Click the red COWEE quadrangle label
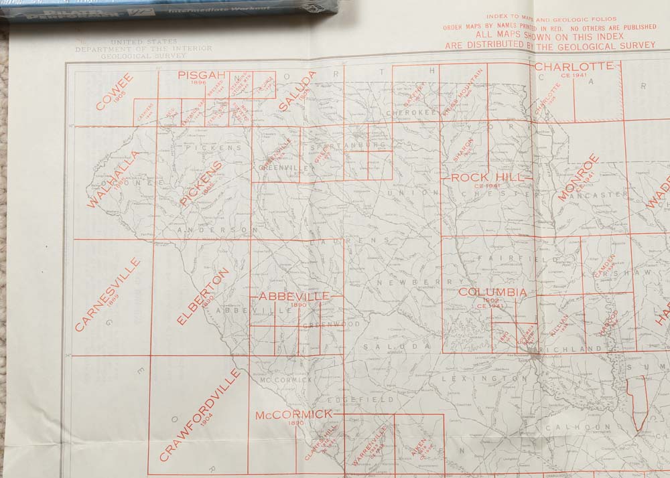115,92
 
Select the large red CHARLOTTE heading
574,66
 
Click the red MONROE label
578,177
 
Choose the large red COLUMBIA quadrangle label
492,293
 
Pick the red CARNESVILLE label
108,295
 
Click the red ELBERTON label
203,297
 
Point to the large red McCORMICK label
293,415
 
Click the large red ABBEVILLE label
294,296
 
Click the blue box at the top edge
167,8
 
